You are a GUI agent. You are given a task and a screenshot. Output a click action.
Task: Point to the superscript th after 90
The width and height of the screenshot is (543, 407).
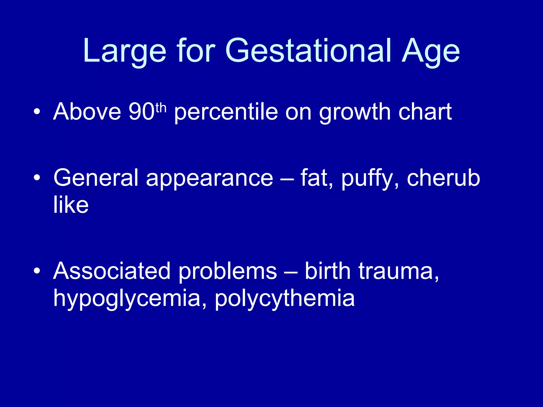pyautogui.click(x=161, y=108)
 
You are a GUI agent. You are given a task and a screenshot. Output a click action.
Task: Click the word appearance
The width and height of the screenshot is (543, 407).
pyautogui.click(x=209, y=179)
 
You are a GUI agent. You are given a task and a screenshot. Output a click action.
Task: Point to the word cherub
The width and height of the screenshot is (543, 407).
pyautogui.click(x=443, y=178)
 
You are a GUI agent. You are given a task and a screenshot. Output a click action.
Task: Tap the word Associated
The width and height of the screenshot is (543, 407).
pyautogui.click(x=112, y=271)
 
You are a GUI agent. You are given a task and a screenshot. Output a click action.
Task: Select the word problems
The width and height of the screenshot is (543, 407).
pyautogui.click(x=227, y=272)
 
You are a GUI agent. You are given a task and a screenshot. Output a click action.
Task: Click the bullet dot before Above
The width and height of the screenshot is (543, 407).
pyautogui.click(x=37, y=112)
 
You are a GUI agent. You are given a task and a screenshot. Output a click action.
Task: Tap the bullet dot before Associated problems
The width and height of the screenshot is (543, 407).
pyautogui.click(x=37, y=271)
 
